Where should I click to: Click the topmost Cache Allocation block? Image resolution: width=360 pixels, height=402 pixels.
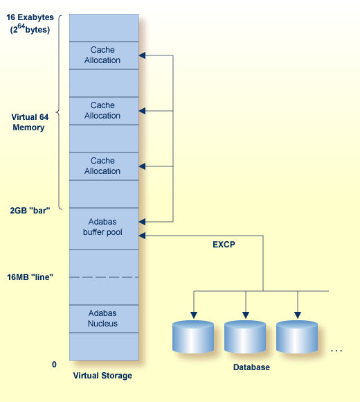[102, 55]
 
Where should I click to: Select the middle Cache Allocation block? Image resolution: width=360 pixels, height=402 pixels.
[102, 111]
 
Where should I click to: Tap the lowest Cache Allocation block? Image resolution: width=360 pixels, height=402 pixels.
[102, 166]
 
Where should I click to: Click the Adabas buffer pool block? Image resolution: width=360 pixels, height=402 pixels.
[102, 227]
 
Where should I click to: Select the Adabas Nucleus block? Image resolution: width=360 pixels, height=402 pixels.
[102, 319]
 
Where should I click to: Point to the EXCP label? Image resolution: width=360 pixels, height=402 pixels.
[224, 245]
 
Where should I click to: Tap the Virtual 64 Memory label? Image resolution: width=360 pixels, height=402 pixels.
[28, 122]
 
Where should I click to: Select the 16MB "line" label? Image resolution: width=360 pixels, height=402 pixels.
[30, 277]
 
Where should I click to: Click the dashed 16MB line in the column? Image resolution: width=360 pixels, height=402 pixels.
[104, 277]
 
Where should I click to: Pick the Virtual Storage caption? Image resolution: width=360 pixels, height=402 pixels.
[102, 376]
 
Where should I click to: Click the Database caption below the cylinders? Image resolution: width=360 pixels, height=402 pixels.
[251, 367]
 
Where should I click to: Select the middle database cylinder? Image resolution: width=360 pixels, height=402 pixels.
[246, 337]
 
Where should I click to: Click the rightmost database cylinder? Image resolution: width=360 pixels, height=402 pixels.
[298, 337]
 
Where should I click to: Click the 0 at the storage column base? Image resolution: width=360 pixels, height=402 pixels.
[54, 364]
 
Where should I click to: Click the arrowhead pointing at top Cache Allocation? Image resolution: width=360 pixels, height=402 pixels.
[143, 55]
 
